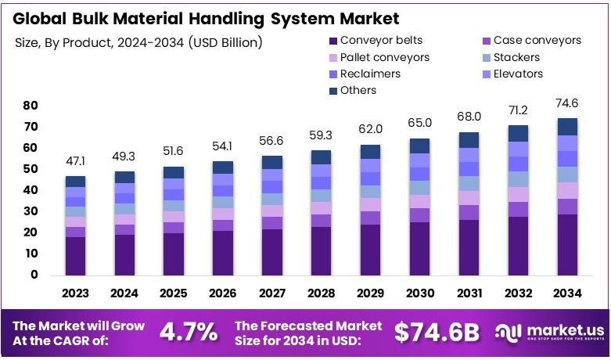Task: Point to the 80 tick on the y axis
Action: click(31, 105)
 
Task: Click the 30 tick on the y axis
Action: click(31, 211)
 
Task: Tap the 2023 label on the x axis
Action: click(76, 293)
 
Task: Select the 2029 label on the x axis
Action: click(371, 293)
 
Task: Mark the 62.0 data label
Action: click(371, 129)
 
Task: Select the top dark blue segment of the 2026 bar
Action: click(224, 167)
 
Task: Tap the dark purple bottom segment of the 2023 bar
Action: click(76, 256)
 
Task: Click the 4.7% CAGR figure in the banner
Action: click(189, 332)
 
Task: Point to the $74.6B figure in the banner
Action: click(437, 332)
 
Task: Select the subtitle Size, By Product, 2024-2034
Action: click(138, 41)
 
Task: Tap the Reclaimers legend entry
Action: click(365, 74)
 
